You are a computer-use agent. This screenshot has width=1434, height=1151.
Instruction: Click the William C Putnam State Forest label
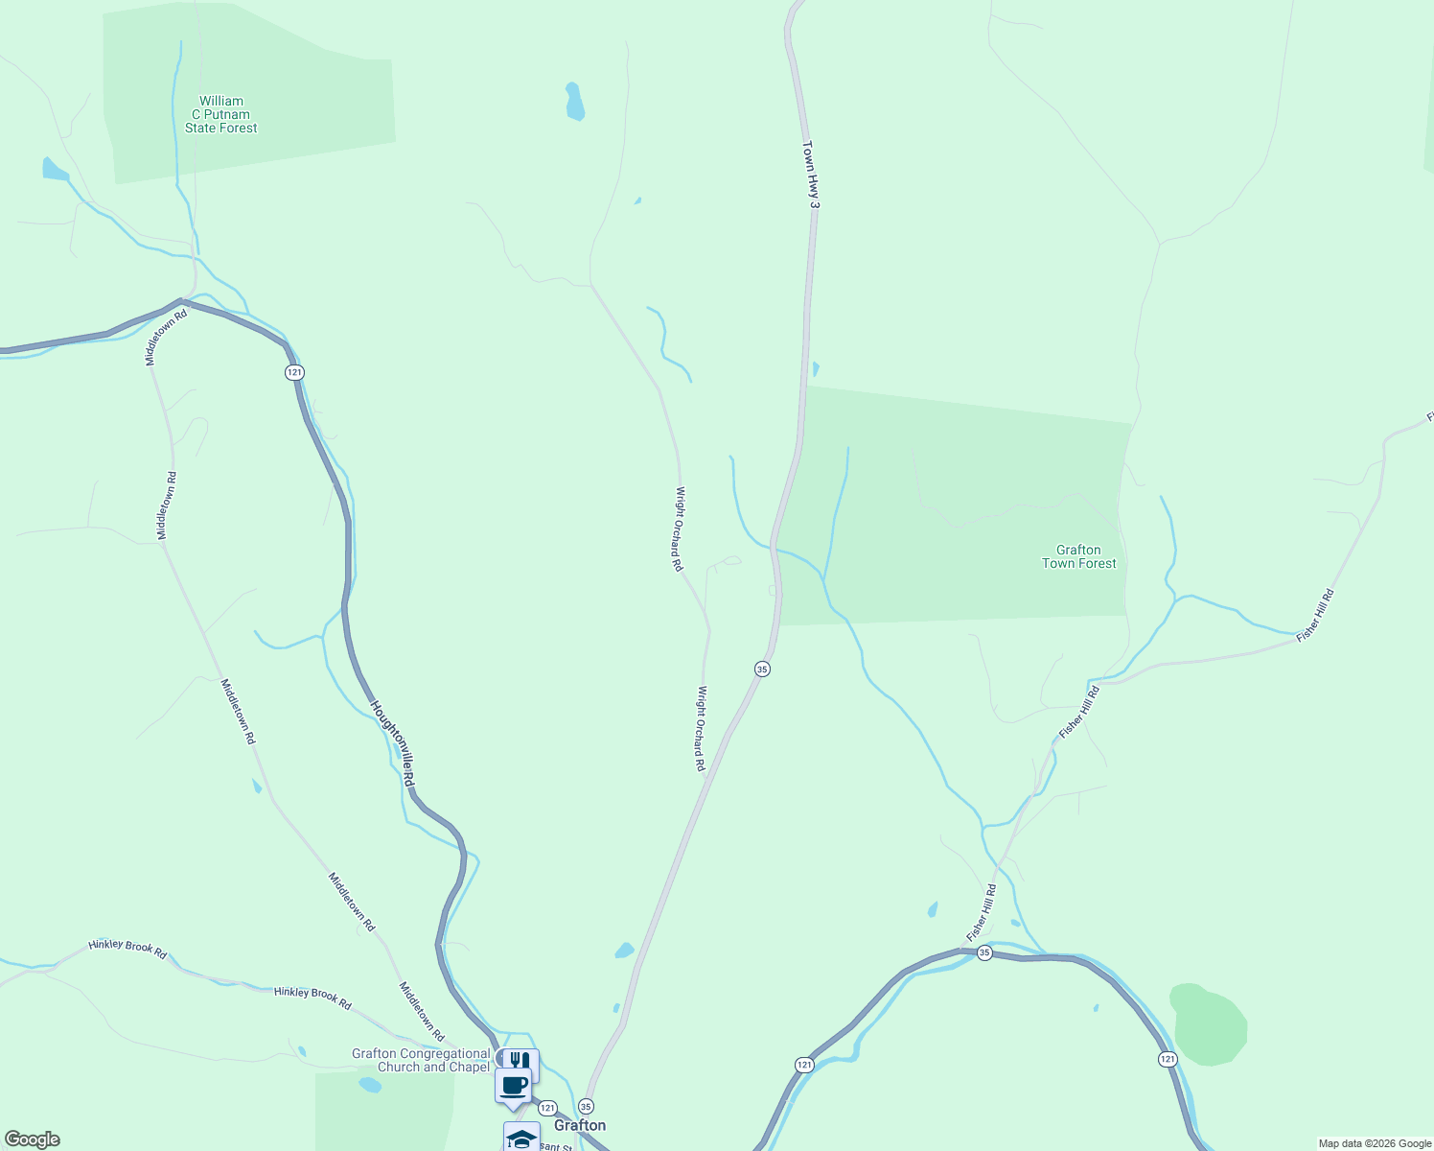click(221, 114)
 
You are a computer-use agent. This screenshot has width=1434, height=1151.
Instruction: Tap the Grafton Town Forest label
click(1078, 556)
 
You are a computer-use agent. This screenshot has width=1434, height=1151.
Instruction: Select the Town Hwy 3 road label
click(811, 175)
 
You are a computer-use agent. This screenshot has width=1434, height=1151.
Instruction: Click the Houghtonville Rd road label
click(394, 743)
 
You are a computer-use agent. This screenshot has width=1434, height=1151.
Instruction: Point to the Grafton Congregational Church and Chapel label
click(421, 1060)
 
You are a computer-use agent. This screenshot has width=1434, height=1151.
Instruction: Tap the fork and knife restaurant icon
click(520, 1061)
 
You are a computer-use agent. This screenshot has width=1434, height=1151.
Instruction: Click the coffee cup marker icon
click(513, 1086)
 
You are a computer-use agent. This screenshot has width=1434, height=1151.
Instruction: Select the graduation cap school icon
click(520, 1138)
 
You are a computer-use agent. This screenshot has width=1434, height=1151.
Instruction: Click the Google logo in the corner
click(33, 1139)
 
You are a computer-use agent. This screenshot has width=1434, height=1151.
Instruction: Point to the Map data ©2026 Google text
click(1375, 1143)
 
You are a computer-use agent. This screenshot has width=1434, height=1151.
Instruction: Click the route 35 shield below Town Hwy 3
click(762, 669)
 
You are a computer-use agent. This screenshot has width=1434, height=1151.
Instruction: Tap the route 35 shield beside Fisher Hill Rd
click(984, 952)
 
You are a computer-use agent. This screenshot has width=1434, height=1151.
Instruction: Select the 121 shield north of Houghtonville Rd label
click(294, 372)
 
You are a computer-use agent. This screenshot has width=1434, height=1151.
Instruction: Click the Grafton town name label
click(580, 1125)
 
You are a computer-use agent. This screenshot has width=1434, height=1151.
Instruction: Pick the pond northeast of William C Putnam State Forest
click(574, 102)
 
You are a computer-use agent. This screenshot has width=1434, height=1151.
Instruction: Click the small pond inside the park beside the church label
click(369, 1085)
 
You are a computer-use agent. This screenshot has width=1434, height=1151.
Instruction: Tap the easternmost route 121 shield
click(1167, 1059)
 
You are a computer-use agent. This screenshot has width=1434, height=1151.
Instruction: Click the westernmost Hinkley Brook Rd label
click(127, 949)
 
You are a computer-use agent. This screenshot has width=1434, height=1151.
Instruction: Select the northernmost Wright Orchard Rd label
click(679, 529)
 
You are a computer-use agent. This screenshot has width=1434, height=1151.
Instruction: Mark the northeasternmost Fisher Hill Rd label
click(1315, 615)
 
